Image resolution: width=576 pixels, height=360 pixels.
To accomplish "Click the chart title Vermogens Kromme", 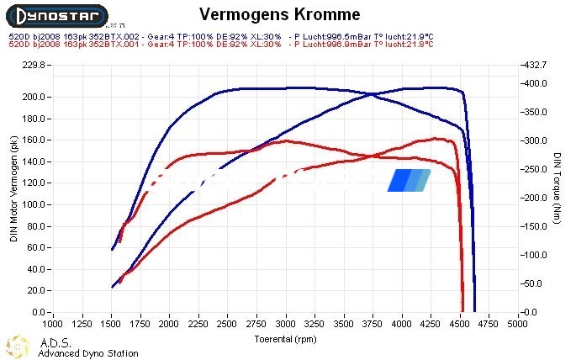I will click(x=279, y=14).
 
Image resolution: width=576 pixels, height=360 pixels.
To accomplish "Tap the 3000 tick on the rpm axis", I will click(x=286, y=322).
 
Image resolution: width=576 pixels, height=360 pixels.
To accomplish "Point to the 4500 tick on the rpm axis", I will click(x=461, y=322).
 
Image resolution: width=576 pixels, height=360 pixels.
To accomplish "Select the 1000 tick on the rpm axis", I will click(x=53, y=322).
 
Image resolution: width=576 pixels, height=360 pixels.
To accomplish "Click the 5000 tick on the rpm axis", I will click(x=519, y=322).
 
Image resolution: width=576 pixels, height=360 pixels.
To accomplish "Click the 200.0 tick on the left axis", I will click(x=33, y=97).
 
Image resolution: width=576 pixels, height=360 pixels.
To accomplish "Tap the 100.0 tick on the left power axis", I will click(x=33, y=204).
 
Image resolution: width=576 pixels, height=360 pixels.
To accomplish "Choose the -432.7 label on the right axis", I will click(x=536, y=65).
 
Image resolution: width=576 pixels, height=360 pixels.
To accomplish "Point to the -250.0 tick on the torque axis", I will click(x=536, y=169).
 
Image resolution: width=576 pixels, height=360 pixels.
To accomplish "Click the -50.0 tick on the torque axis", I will click(x=535, y=283).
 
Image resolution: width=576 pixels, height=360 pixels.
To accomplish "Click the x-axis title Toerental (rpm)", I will click(x=285, y=338).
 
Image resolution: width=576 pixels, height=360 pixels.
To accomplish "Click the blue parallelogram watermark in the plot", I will click(x=409, y=180).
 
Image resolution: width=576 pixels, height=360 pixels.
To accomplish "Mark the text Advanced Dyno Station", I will click(x=88, y=353).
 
